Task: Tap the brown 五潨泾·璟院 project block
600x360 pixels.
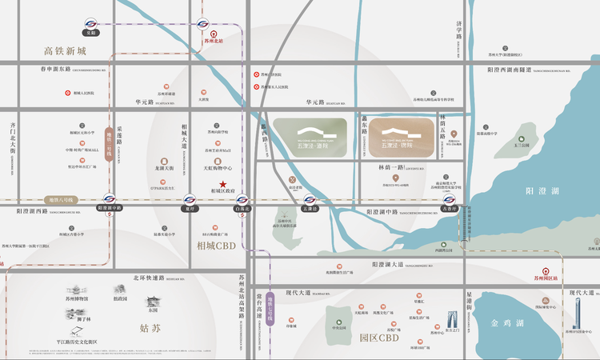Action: (x=398, y=138)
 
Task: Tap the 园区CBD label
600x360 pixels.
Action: (x=378, y=338)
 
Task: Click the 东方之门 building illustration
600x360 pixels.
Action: (x=451, y=318)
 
